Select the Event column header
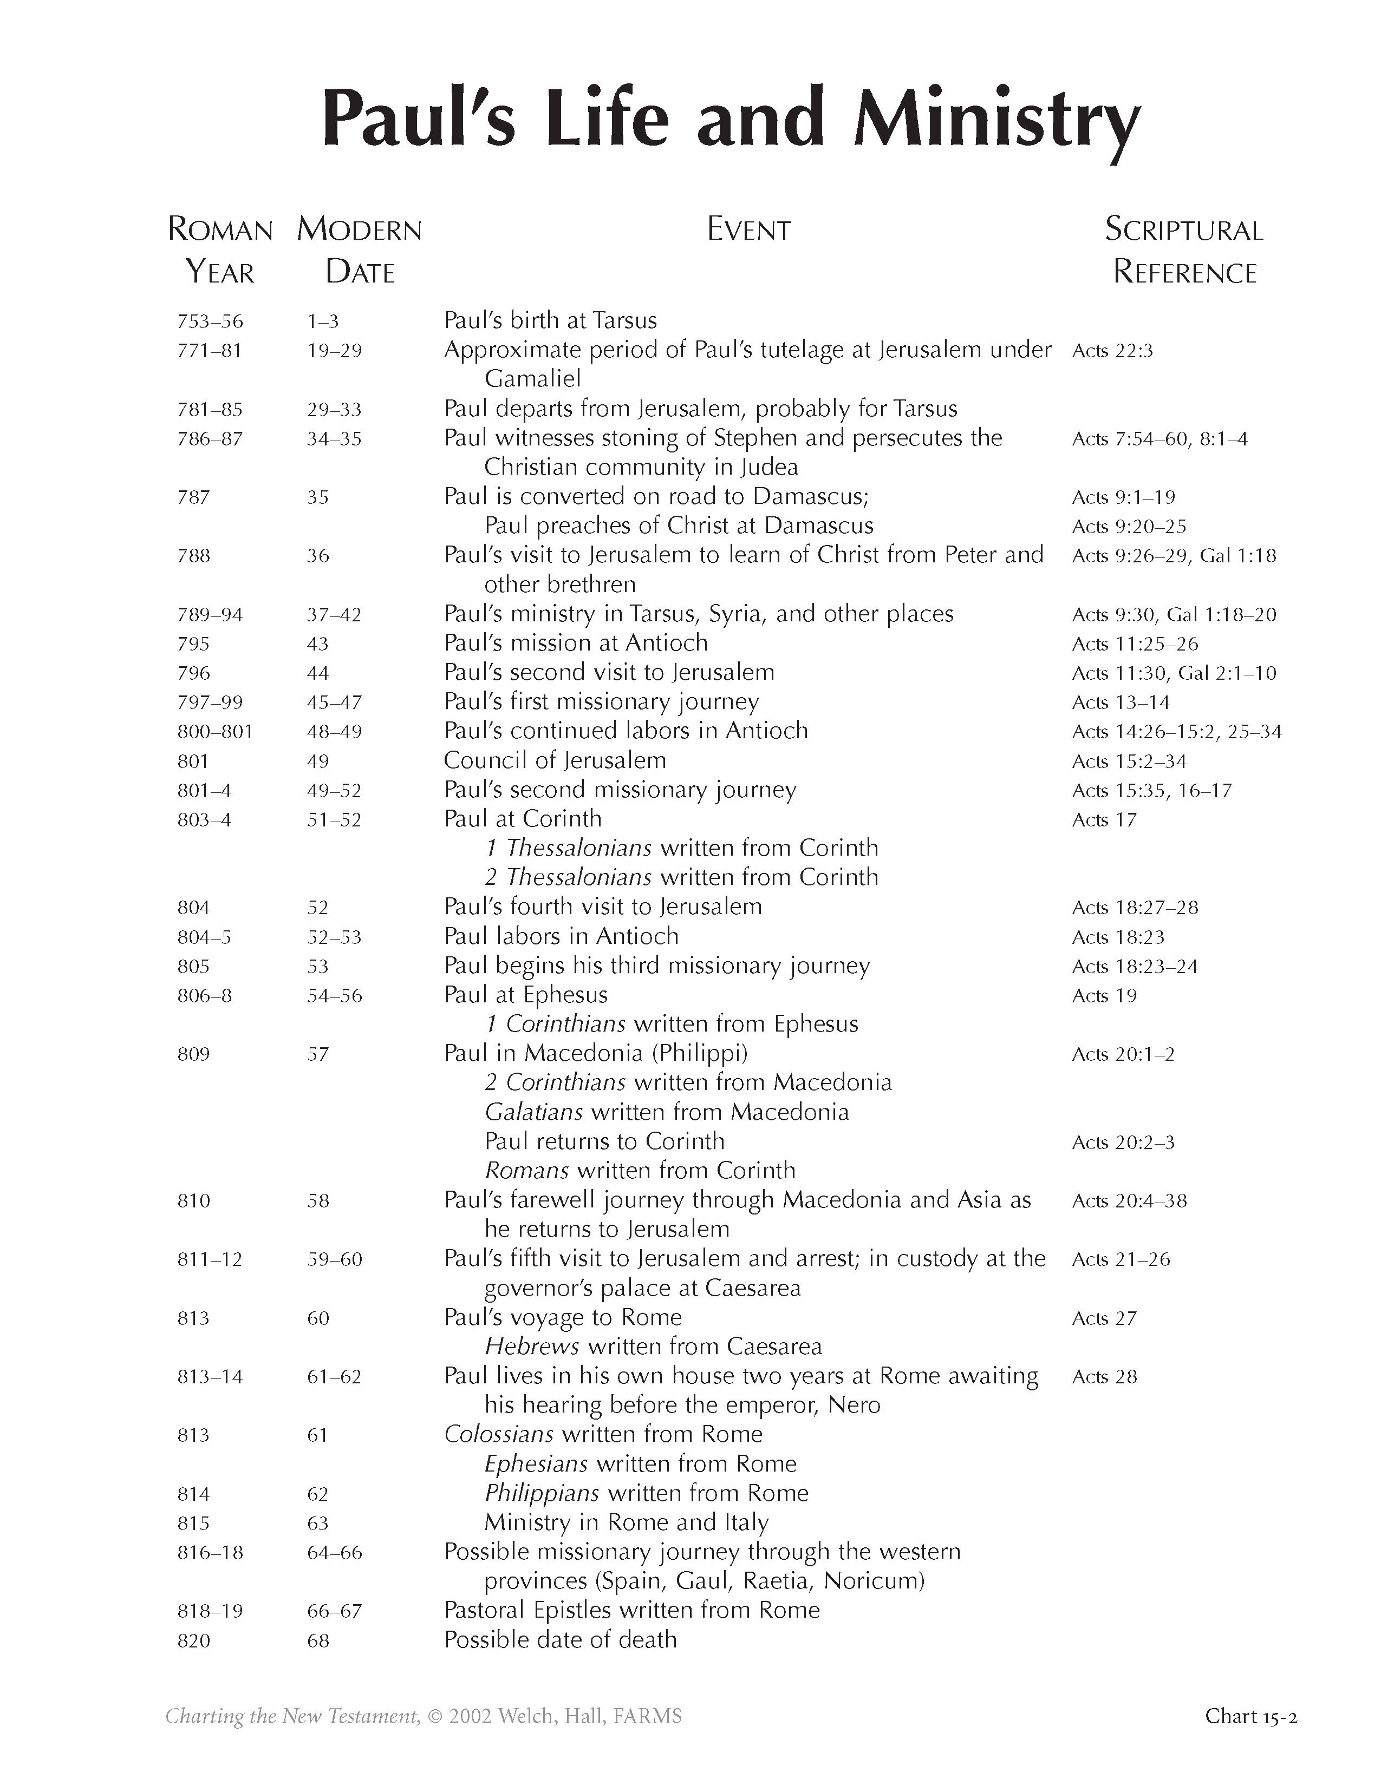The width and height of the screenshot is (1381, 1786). tap(748, 230)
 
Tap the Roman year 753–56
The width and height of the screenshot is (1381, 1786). tap(210, 321)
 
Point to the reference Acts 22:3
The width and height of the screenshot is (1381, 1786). tap(1112, 351)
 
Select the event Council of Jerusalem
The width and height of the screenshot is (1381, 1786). tap(555, 760)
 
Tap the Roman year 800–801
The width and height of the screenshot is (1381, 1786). tap(215, 732)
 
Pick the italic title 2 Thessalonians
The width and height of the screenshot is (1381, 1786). tap(568, 877)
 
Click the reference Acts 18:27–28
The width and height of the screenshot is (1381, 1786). tap(1135, 908)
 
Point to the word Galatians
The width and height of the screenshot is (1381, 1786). tap(533, 1112)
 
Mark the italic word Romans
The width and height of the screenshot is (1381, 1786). tap(526, 1171)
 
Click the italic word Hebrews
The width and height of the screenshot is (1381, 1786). tap(532, 1347)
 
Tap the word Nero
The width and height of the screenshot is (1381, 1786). tap(854, 1406)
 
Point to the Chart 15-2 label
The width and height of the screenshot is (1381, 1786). tap(1250, 1717)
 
